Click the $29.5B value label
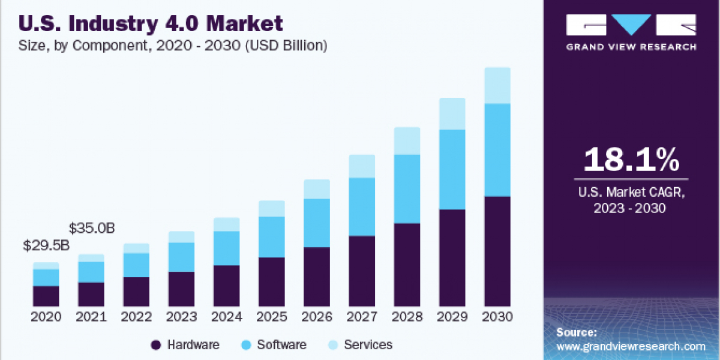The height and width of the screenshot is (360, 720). [46, 245]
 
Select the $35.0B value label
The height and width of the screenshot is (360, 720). [91, 229]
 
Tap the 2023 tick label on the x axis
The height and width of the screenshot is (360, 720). [181, 317]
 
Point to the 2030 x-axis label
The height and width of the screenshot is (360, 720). [497, 317]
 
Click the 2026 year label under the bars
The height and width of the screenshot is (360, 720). [317, 317]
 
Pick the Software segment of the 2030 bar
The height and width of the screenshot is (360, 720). [497, 150]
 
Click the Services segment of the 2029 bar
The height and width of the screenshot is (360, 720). [452, 114]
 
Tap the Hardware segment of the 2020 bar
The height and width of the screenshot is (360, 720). [46, 296]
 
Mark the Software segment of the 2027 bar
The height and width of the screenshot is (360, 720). [362, 207]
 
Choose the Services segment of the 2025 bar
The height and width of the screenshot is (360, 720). [271, 209]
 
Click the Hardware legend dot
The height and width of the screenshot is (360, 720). [156, 345]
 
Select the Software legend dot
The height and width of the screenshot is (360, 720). [246, 345]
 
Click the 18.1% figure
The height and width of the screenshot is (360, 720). [631, 160]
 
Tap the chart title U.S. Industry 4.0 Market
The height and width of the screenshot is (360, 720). [151, 24]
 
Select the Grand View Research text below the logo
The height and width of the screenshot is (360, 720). [631, 47]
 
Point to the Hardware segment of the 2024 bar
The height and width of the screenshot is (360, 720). [226, 286]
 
